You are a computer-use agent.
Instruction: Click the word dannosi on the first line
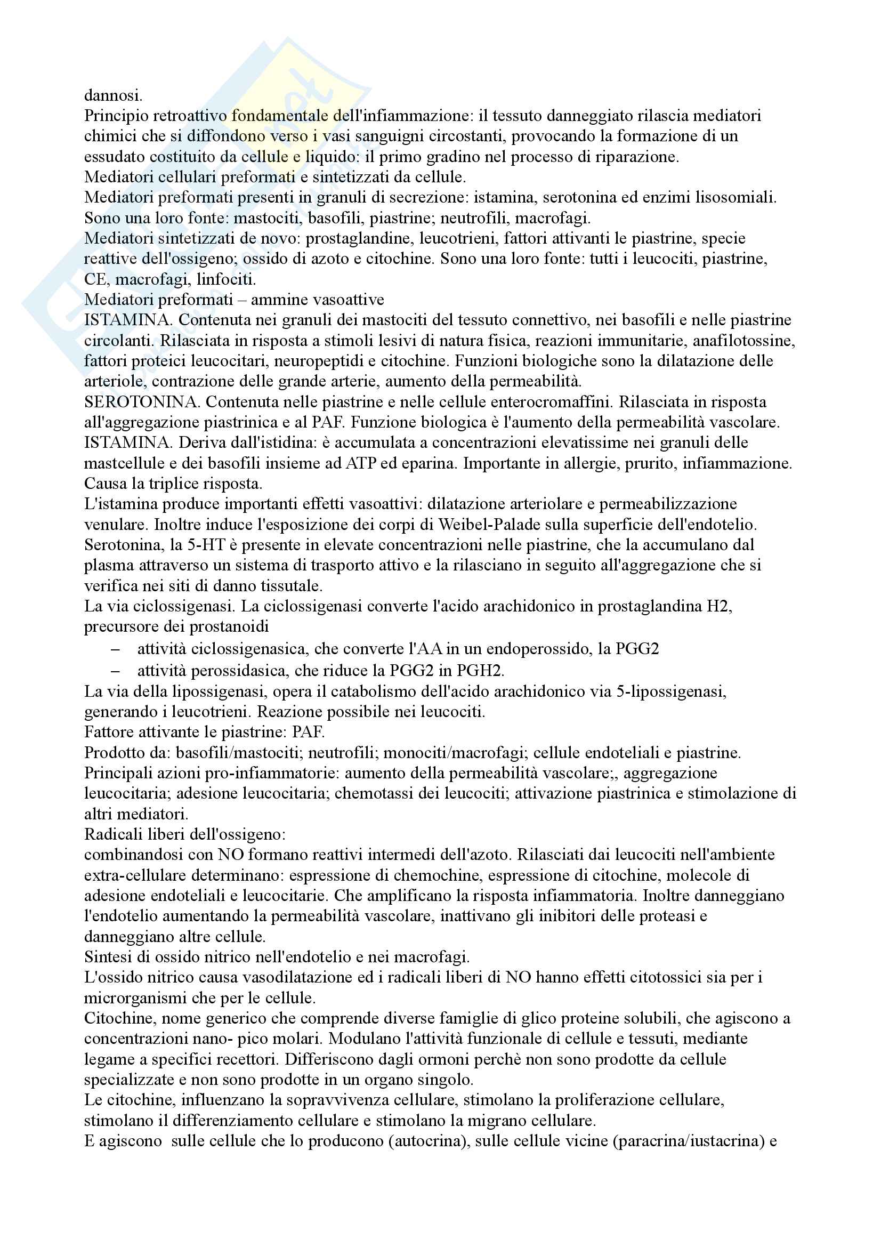click(113, 95)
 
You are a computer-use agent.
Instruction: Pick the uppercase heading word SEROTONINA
click(142, 402)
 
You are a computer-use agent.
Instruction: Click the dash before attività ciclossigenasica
click(115, 649)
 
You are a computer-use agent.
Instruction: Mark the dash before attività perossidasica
click(115, 671)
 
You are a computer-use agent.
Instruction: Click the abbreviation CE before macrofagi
click(94, 280)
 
